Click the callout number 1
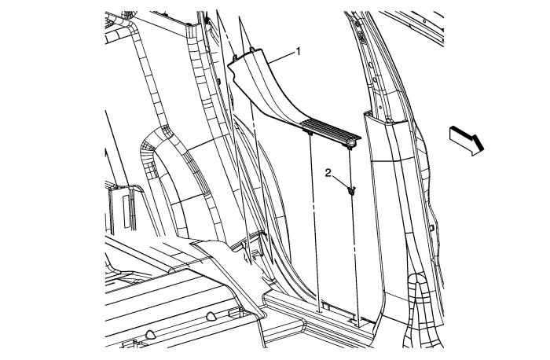point(299,52)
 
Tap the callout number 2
point(328,173)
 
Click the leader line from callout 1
point(283,58)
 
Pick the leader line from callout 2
point(340,182)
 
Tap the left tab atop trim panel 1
point(236,56)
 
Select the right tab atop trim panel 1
point(251,49)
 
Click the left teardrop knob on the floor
point(151,334)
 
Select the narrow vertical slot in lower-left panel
point(125,210)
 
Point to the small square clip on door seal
point(431,227)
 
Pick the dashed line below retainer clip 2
point(354,253)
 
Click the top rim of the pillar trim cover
point(385,118)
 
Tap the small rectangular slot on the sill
point(325,307)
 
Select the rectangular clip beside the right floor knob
point(234,311)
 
